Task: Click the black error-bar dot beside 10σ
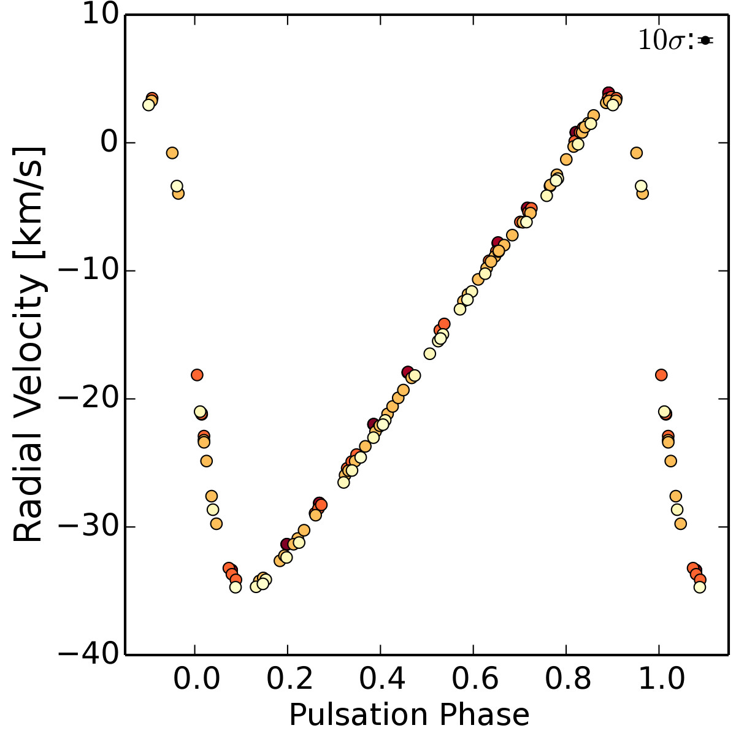tap(705, 40)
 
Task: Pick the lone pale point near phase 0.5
tap(429, 353)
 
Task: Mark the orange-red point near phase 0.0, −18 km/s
tap(197, 375)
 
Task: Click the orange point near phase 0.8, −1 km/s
tap(566, 159)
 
